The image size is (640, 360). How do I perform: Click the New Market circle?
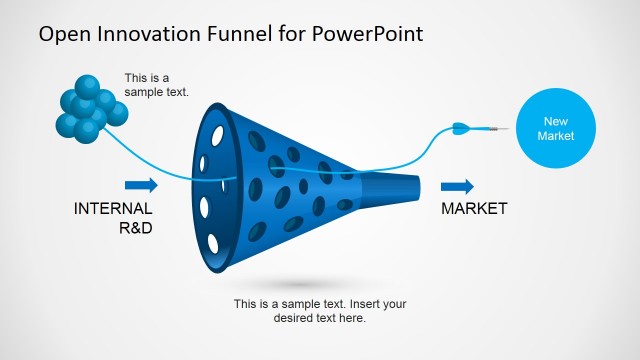point(555,128)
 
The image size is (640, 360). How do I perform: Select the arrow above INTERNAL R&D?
point(141,185)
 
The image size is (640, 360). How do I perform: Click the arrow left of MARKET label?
point(457,187)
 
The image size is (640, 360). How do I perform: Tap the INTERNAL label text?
point(113,209)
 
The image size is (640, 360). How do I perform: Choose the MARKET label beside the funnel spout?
point(474,209)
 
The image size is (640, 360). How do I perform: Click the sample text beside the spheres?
point(156,85)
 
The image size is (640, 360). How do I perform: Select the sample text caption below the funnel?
point(320,311)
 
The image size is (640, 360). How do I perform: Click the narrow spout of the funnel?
point(395,187)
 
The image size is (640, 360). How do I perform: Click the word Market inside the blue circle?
point(555,136)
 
